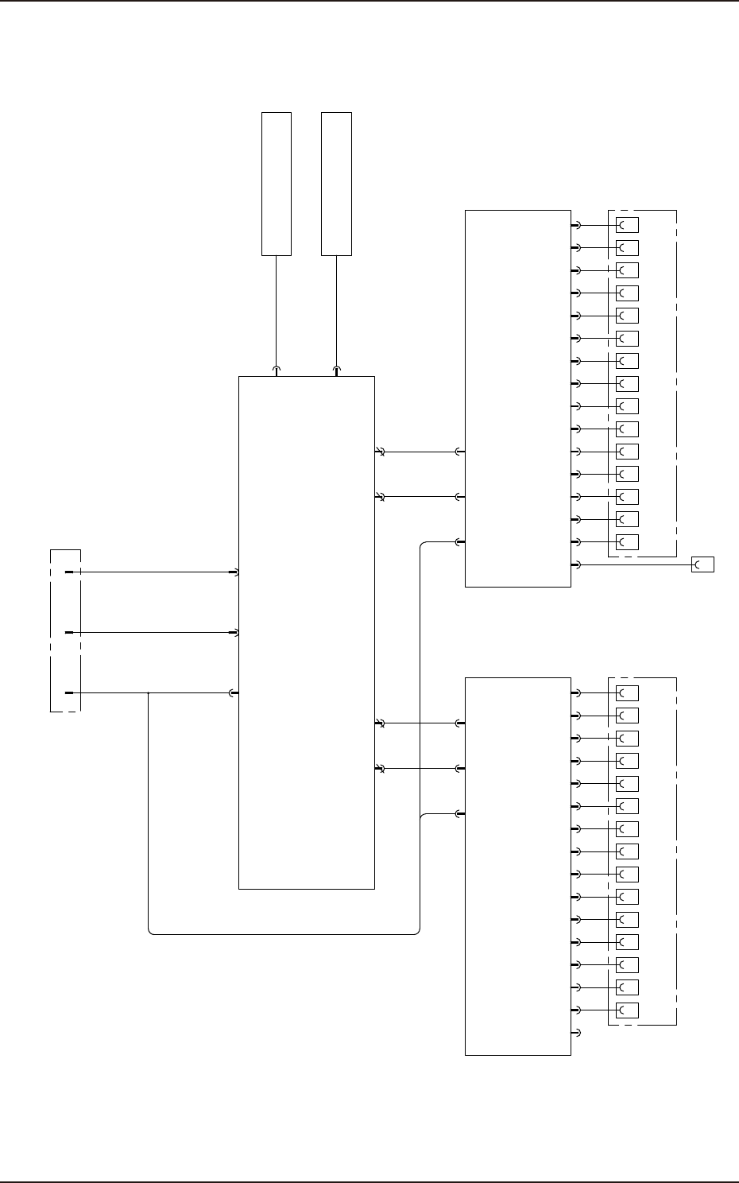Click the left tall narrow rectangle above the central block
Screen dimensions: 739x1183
277,184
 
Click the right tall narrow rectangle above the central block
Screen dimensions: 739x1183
336,184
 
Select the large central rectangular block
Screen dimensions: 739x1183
307,632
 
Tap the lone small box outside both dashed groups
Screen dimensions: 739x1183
702,564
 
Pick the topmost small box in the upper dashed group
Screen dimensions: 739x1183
627,225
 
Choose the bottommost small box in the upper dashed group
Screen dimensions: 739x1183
627,542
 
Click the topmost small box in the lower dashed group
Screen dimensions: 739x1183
627,692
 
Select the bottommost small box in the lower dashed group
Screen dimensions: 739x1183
627,1010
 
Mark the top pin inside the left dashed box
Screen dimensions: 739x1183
69,572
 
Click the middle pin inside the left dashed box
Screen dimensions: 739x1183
69,632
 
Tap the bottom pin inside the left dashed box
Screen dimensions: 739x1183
69,692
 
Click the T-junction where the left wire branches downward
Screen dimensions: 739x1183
149,692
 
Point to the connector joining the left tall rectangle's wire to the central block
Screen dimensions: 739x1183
277,370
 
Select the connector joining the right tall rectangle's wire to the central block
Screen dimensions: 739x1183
336,370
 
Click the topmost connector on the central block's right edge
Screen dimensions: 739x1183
380,452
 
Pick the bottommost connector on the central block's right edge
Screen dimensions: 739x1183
380,769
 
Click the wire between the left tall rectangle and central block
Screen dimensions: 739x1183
277,310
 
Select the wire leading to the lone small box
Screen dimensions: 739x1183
636,564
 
